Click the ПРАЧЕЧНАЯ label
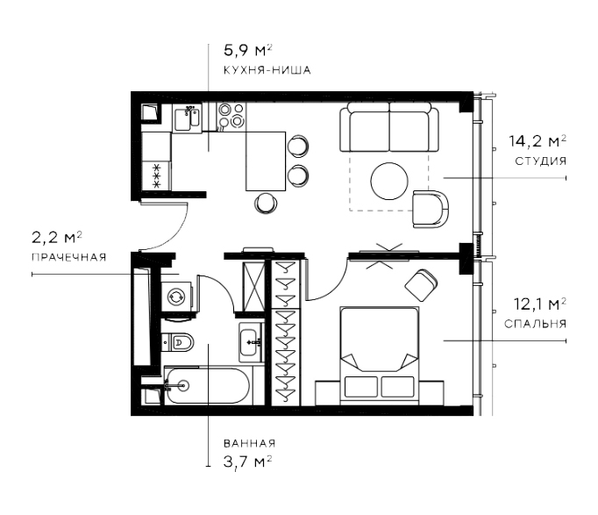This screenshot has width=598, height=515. point(68,257)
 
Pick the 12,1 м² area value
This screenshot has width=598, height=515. point(537,304)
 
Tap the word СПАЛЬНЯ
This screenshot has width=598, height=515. point(535,324)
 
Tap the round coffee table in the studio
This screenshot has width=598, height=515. point(390,182)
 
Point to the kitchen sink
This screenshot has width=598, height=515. point(187,118)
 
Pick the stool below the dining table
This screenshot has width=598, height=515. point(266,204)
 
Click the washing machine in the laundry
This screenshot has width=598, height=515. point(176,297)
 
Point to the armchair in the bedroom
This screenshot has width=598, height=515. point(423,284)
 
